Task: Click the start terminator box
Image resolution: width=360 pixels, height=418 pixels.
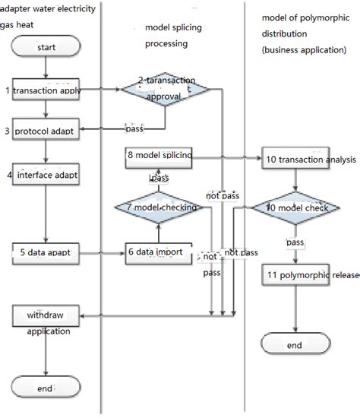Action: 46,48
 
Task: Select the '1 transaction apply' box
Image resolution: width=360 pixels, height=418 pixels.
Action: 47,90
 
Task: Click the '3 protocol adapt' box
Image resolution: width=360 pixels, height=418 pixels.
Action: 47,131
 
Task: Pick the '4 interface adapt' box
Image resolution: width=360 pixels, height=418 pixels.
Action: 47,176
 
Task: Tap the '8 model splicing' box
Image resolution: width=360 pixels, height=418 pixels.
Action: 159,156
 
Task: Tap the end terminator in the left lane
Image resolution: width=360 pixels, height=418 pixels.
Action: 47,388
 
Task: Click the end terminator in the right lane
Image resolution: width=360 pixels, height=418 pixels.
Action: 295,346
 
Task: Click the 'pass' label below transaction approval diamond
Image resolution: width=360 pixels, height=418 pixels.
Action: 134,128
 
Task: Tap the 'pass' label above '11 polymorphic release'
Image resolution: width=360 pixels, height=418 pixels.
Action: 295,242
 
